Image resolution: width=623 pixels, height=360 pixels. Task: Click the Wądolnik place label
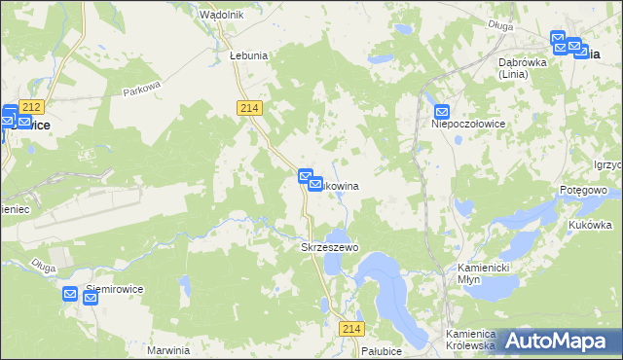[221, 16]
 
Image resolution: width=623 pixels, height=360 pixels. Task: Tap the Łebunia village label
[248, 56]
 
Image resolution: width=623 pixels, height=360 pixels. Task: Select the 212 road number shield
[31, 106]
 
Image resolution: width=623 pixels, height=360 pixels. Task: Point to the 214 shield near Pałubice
[351, 330]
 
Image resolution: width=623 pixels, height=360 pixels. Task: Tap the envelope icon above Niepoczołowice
[442, 113]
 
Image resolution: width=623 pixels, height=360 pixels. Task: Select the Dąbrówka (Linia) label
[521, 67]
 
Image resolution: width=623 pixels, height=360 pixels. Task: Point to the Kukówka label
[590, 225]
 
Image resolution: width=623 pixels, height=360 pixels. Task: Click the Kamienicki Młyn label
[471, 272]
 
